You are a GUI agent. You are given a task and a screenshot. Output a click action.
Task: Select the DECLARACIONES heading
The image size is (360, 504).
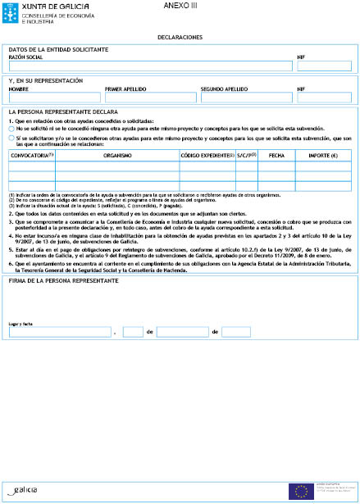(180, 38)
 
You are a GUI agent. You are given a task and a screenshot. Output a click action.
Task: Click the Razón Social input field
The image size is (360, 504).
(148, 67)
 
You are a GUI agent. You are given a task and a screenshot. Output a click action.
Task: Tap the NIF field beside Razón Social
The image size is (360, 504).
(324, 67)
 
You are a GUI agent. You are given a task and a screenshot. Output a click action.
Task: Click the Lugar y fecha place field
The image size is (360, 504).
(61, 333)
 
